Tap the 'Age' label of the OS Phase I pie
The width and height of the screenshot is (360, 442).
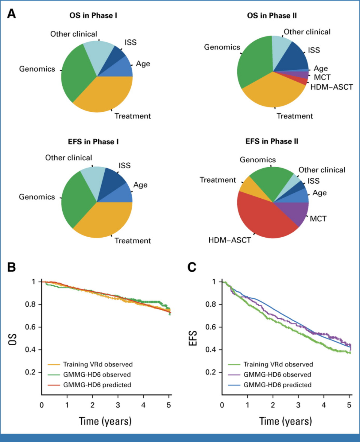tap(143, 64)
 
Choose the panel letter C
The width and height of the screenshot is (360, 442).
tap(192, 267)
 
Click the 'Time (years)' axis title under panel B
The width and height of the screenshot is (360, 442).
tap(105, 421)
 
